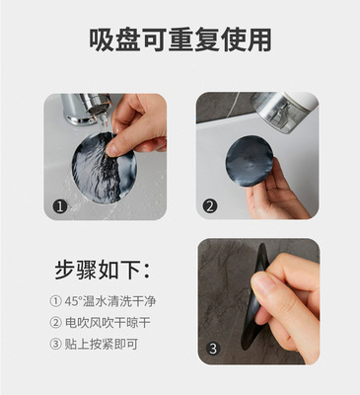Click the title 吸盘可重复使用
180,39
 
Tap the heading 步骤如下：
103,271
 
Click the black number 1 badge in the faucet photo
60,206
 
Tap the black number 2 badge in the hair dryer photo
210,206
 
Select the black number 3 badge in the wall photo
213,349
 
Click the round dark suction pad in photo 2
250,161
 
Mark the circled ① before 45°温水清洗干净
55,301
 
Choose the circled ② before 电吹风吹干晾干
55,323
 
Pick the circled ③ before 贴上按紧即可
55,344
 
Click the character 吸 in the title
102,39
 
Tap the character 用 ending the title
259,39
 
